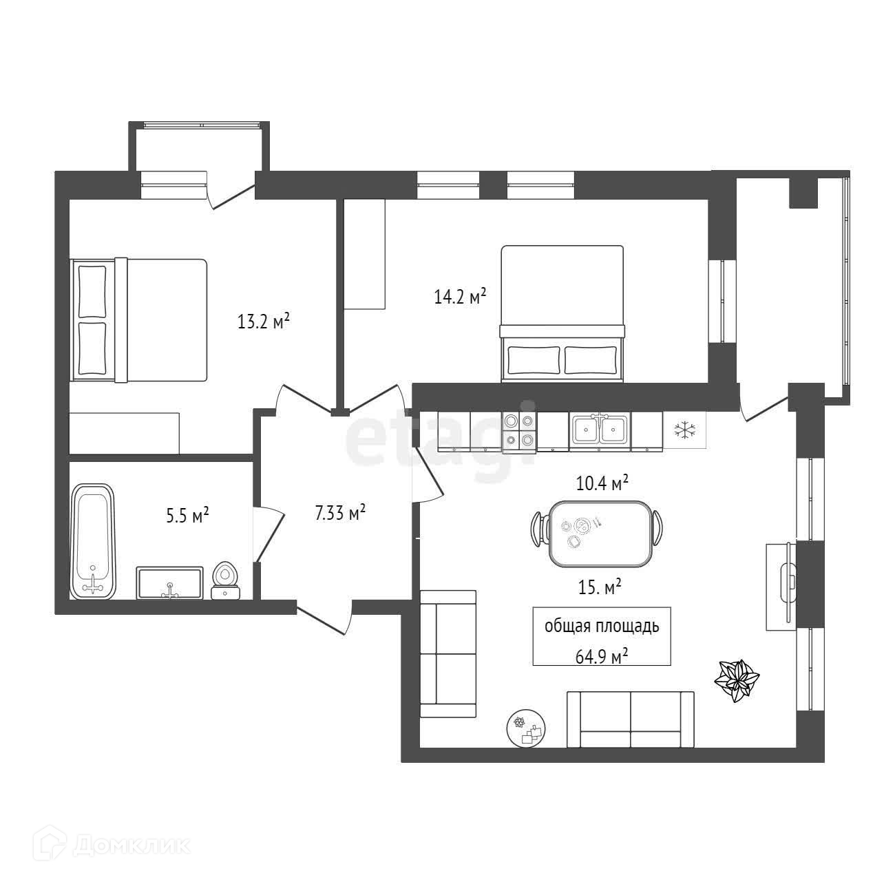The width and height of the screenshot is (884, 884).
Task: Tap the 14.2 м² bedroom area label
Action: point(460,297)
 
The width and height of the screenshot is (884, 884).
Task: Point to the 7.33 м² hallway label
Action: point(340,513)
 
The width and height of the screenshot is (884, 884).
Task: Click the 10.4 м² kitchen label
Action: point(602,484)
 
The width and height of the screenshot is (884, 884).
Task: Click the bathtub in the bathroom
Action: point(92,541)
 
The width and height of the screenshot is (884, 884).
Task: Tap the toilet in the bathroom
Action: point(225,582)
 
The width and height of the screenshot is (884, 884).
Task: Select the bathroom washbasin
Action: point(169,583)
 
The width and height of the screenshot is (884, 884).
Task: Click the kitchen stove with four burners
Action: point(519,431)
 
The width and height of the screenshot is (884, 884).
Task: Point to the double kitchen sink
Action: point(600,431)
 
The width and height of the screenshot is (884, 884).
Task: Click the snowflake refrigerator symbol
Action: point(684,431)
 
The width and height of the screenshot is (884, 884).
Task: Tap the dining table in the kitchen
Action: point(599,534)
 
